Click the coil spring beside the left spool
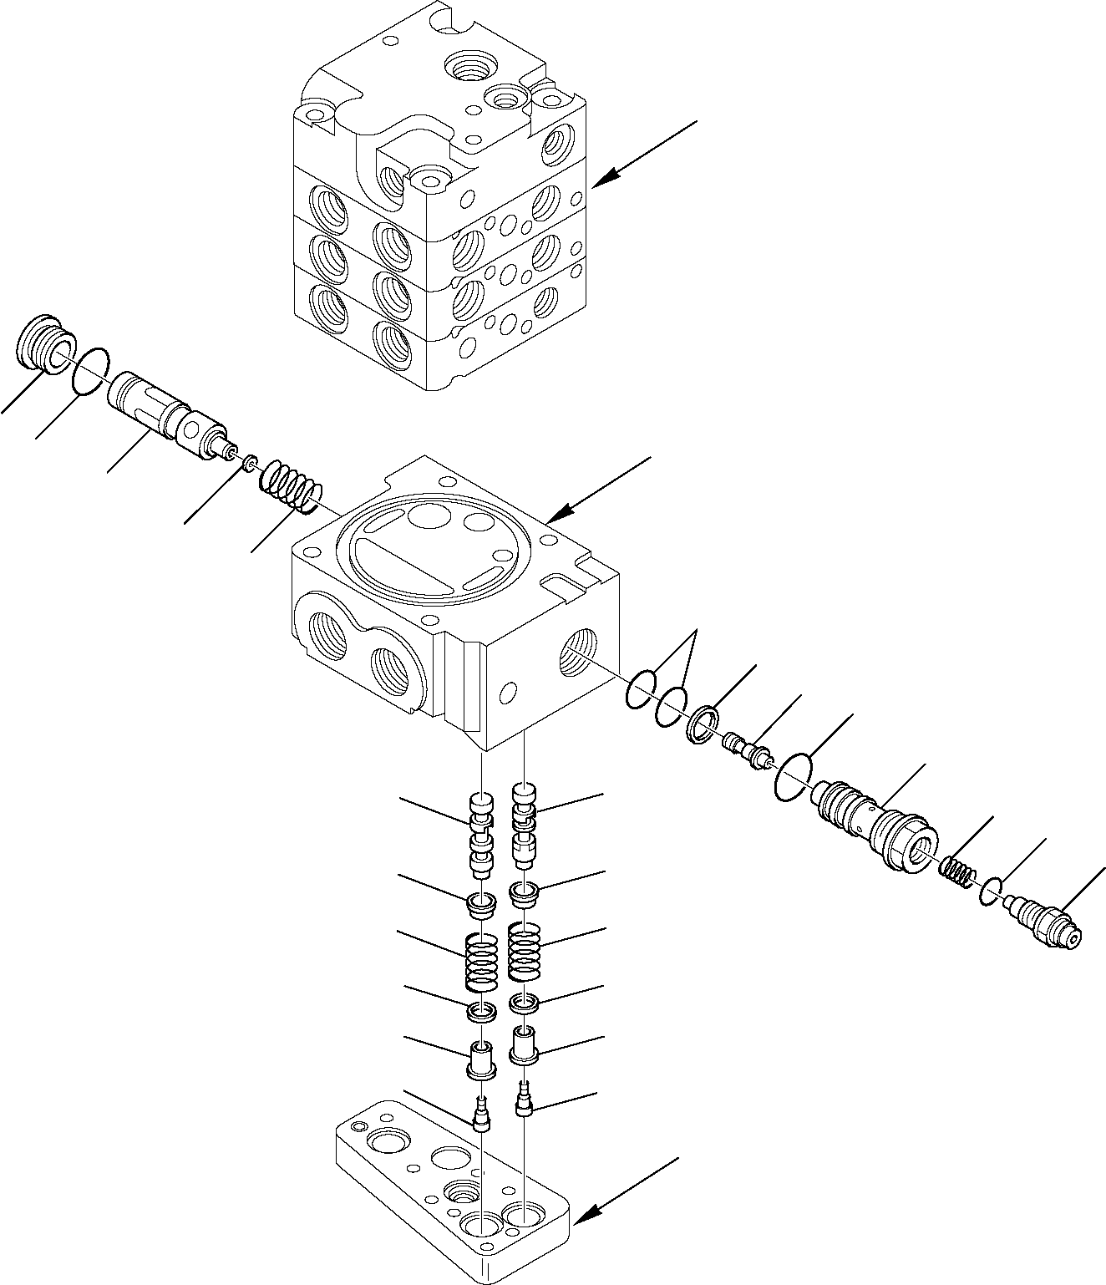pyautogui.click(x=290, y=488)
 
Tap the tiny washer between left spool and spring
pyautogui.click(x=249, y=460)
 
